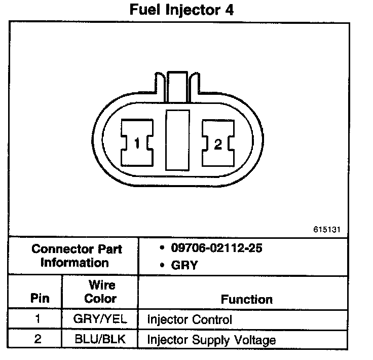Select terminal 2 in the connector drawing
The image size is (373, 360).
click(218, 145)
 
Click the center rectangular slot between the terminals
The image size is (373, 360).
click(177, 141)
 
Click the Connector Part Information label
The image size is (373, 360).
click(77, 256)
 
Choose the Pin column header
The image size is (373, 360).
click(40, 298)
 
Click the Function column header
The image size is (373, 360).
click(247, 299)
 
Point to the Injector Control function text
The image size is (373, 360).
click(189, 320)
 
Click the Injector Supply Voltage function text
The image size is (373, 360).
click(211, 340)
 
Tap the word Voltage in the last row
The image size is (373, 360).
click(257, 340)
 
